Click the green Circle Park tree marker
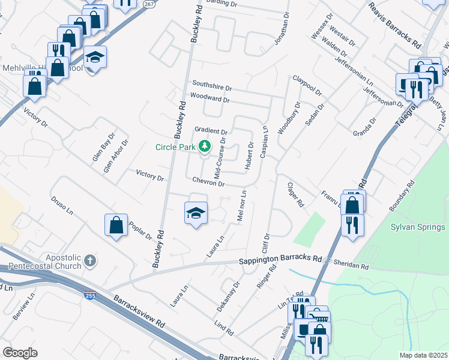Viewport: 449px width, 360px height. point(205,146)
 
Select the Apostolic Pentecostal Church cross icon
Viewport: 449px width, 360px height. point(89,260)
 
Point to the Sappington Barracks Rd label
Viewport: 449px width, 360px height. point(280,261)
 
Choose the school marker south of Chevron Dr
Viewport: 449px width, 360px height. point(196,213)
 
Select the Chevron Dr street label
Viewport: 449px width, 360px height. point(208,181)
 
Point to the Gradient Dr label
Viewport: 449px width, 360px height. point(211,131)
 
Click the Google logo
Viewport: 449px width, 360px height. point(20,352)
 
